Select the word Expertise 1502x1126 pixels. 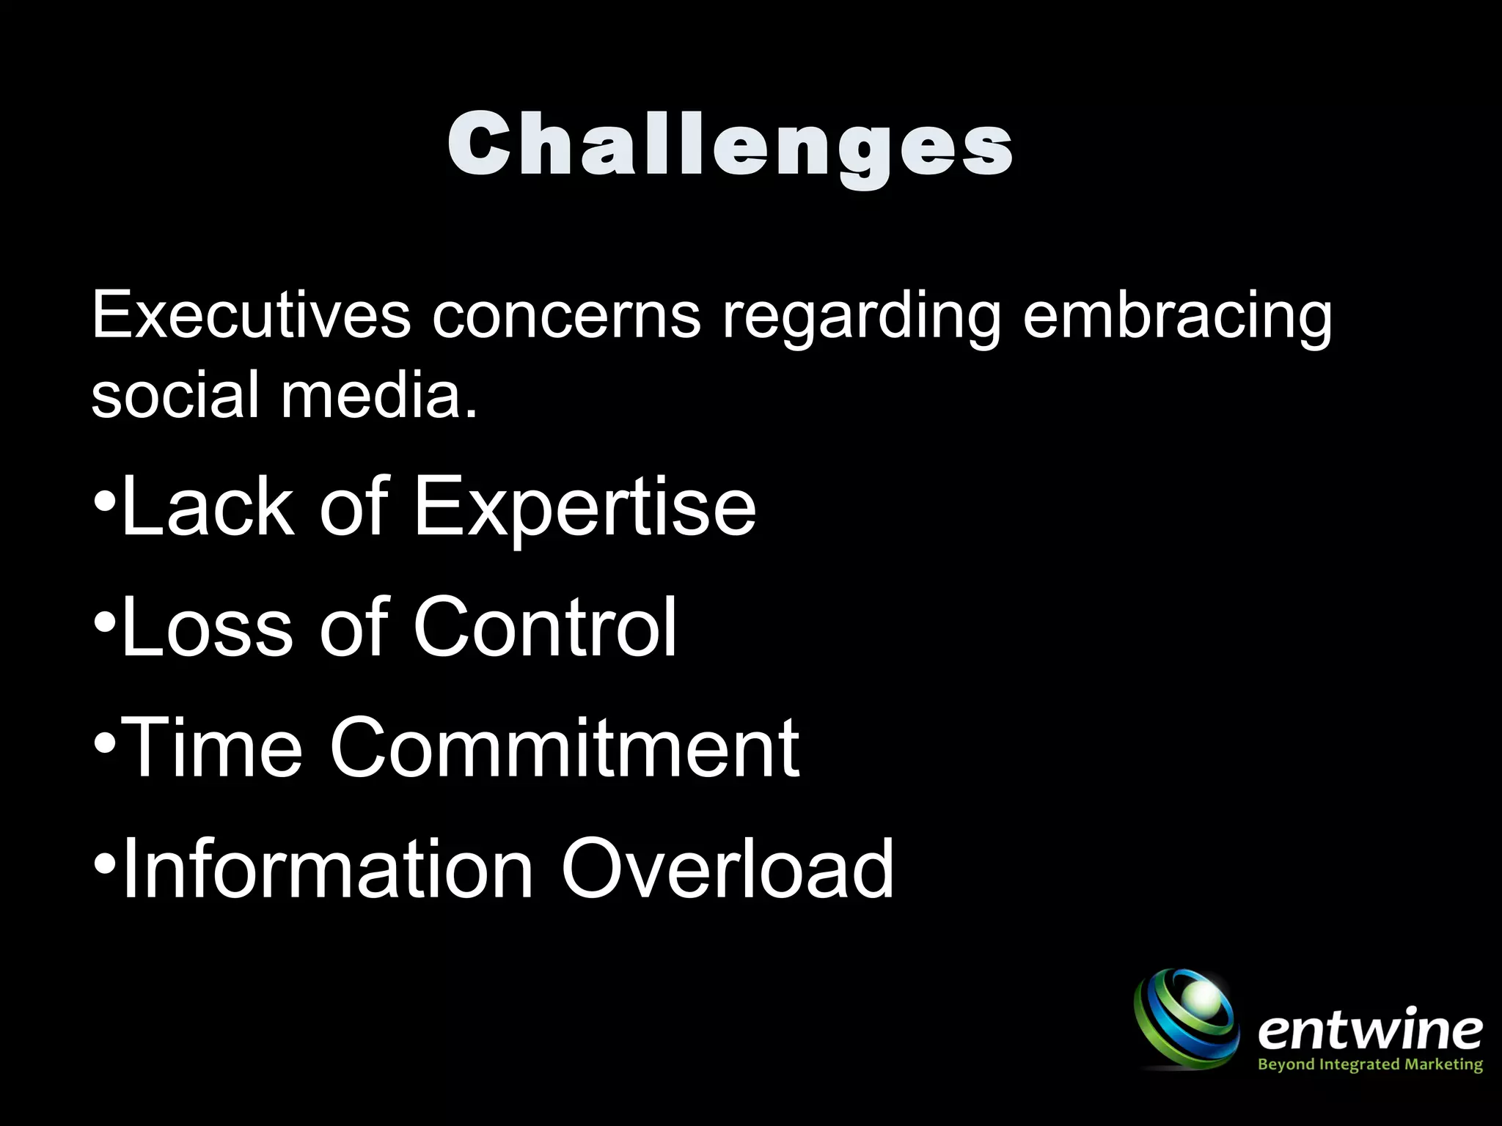coord(585,506)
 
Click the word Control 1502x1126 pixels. coord(545,627)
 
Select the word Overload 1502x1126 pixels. coord(728,869)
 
